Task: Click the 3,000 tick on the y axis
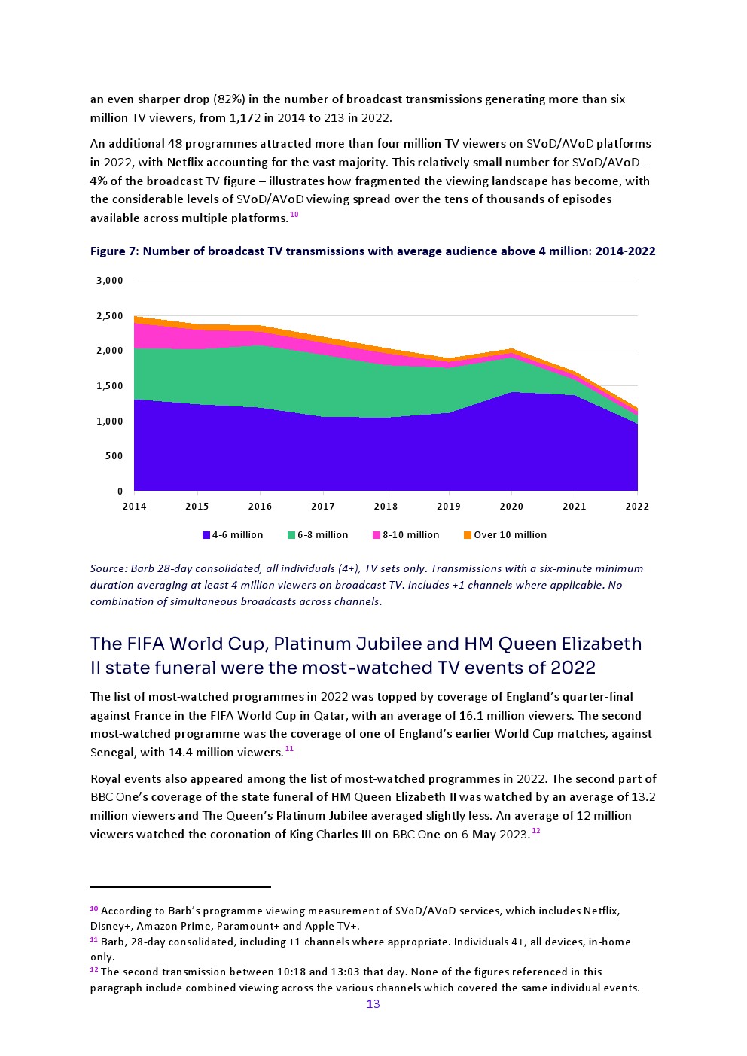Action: tap(109, 281)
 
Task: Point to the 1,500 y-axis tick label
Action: tap(109, 386)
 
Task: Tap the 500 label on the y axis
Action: tap(114, 456)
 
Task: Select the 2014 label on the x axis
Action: tap(134, 507)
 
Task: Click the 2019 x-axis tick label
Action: tap(449, 507)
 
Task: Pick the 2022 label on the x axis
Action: tap(637, 507)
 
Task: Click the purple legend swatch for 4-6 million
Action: tap(206, 535)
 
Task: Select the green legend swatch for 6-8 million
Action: tap(291, 535)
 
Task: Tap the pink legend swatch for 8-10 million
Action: tap(377, 535)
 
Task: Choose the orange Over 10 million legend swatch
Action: tap(468, 535)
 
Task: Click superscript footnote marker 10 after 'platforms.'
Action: tap(294, 215)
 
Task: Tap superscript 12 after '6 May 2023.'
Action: tap(535, 831)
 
